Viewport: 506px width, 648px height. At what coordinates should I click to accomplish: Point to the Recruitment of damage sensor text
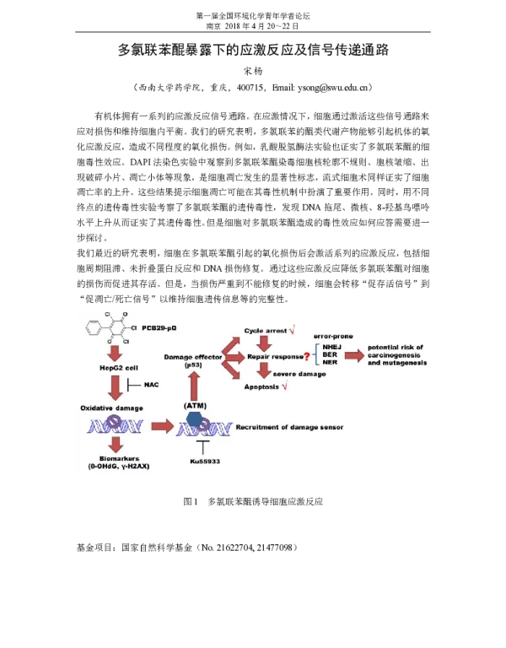(x=292, y=427)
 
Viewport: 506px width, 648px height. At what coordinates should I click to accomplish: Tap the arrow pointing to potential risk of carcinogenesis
(x=354, y=356)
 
